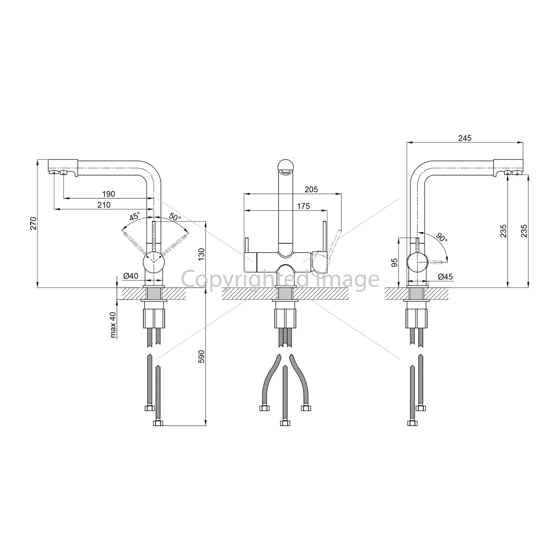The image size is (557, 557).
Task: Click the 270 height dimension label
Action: click(x=34, y=223)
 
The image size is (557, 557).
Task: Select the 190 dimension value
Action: click(x=109, y=194)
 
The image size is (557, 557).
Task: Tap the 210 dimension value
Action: click(x=104, y=205)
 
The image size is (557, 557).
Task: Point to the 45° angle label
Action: click(x=134, y=216)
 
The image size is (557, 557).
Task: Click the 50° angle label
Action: click(x=175, y=217)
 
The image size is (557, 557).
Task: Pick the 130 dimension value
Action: click(x=201, y=254)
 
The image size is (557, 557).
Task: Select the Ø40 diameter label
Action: click(x=131, y=276)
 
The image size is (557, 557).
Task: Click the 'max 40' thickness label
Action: click(x=113, y=325)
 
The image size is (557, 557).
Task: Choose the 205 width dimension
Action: click(x=311, y=189)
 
